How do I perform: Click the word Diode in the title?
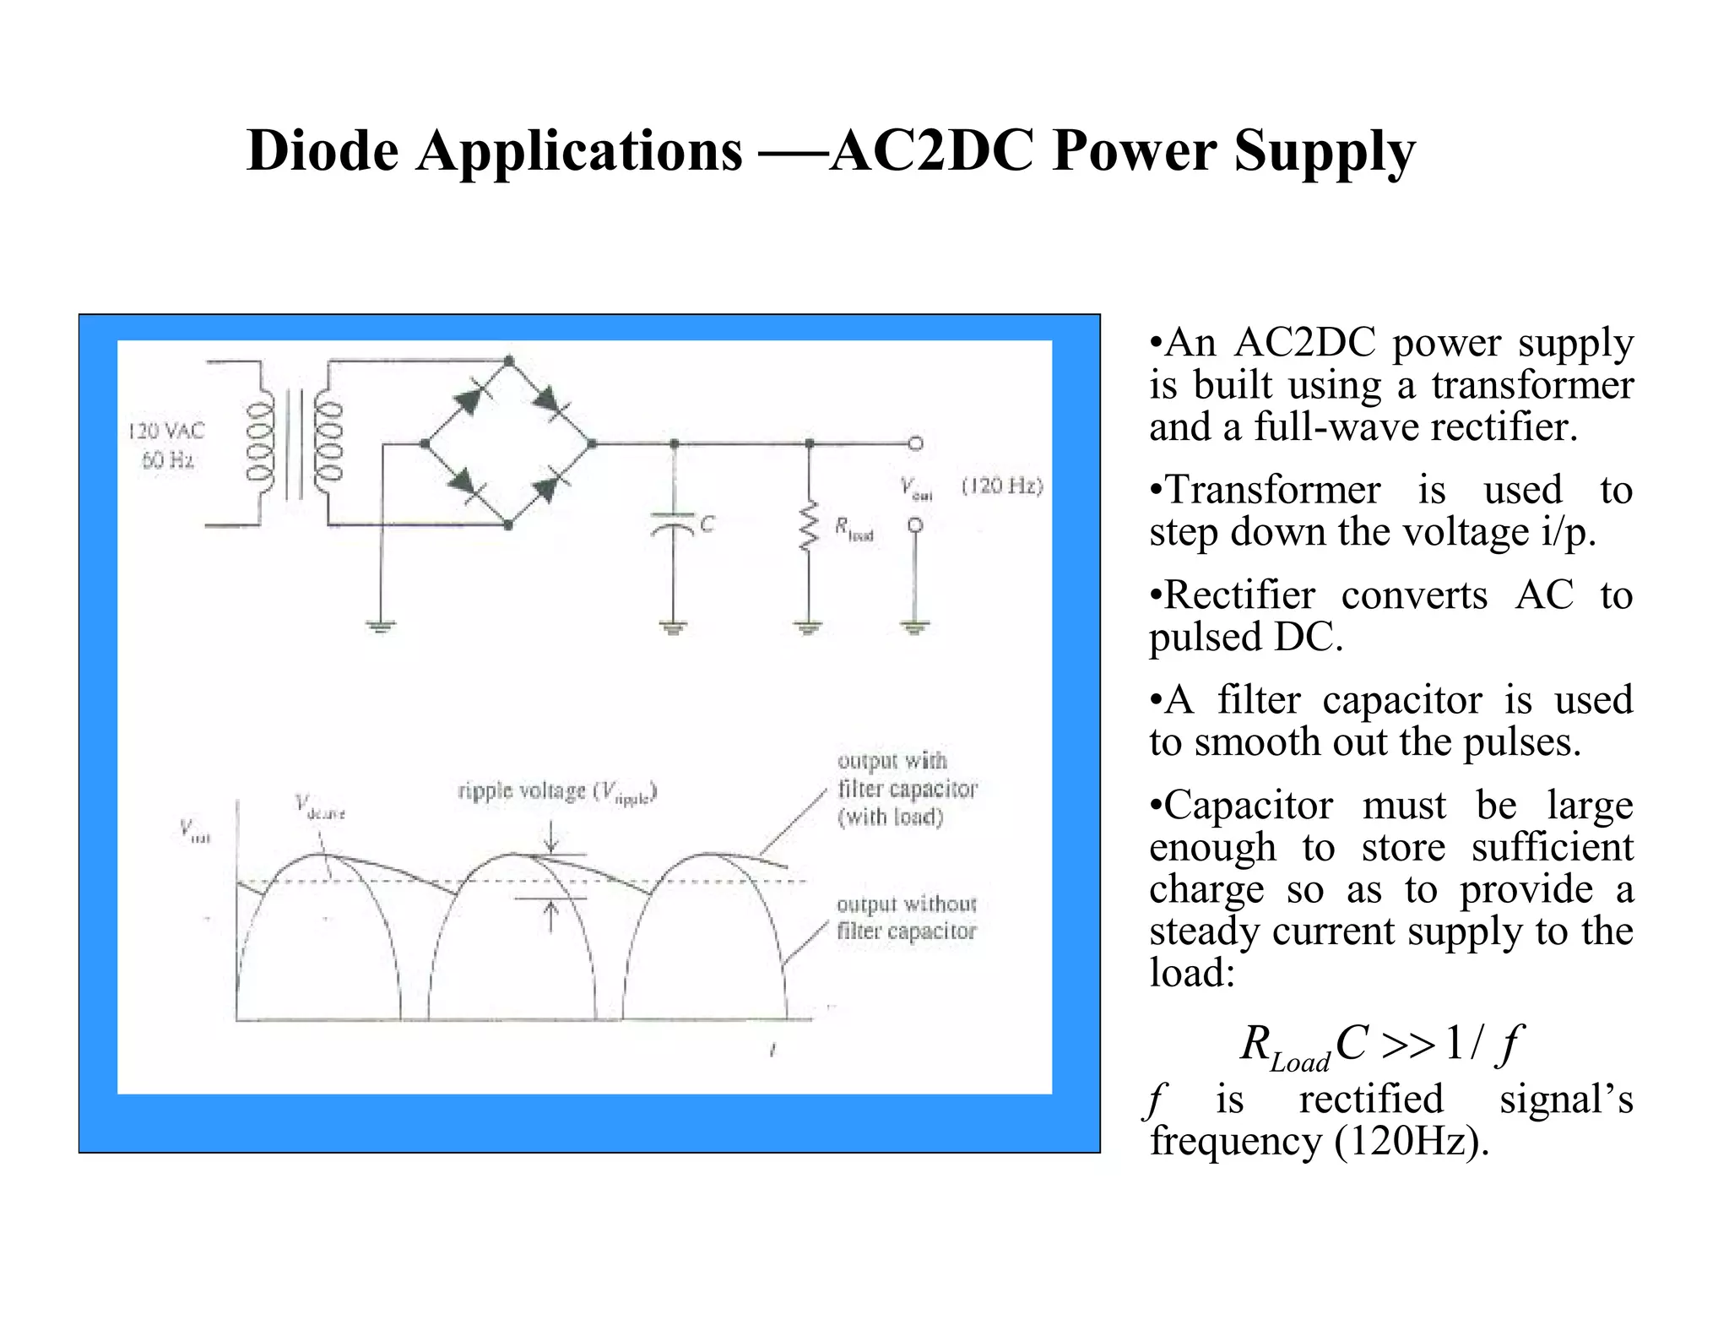[x=322, y=151]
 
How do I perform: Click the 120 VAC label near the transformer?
[x=166, y=432]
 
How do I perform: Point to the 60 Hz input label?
[x=167, y=460]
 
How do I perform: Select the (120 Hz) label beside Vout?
[x=1002, y=486]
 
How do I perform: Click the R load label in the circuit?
[x=853, y=529]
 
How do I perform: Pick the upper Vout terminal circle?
[x=915, y=443]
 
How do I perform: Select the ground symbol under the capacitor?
[x=673, y=627]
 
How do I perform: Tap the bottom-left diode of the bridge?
[x=465, y=483]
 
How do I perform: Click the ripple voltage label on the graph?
[x=557, y=792]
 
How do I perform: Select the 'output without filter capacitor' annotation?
[x=906, y=918]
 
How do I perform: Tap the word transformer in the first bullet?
[x=1532, y=385]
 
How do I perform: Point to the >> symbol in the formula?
[x=1407, y=1045]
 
